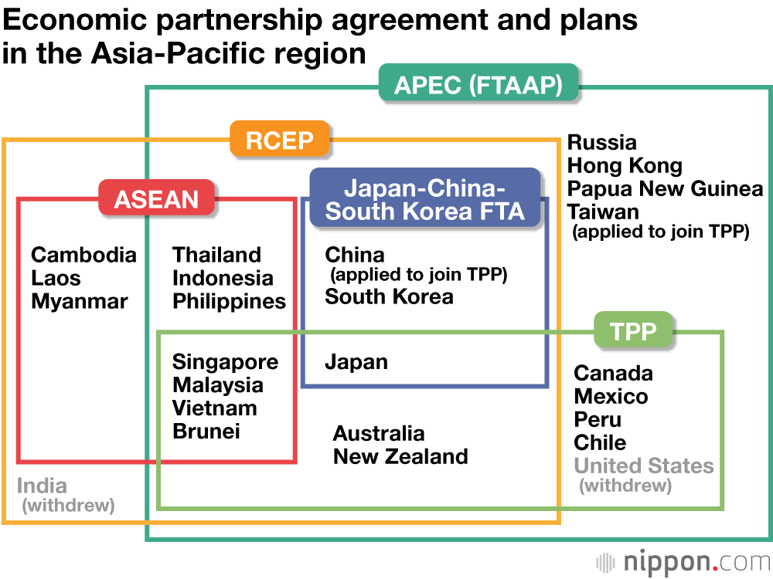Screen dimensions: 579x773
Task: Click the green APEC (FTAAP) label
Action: pos(478,83)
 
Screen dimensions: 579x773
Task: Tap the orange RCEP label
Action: pos(279,141)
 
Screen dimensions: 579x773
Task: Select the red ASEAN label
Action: pos(156,199)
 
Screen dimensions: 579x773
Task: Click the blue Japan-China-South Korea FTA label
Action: pos(424,199)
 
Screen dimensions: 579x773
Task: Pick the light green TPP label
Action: pos(633,331)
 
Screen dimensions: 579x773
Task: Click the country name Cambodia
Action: pos(83,255)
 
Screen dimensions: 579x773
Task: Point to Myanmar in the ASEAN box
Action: pos(80,301)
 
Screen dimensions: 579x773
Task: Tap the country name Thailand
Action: pos(217,255)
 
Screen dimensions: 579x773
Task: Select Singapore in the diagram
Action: pos(225,362)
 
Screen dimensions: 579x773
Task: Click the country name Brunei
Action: pos(206,432)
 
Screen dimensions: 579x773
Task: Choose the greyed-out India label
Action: pos(42,486)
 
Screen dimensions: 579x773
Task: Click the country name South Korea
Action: pos(389,296)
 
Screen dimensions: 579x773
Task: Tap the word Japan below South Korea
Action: pos(356,362)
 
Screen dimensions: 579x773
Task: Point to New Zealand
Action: pos(400,456)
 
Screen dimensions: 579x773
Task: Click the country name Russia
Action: pos(602,143)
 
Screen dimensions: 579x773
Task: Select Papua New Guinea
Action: pos(665,189)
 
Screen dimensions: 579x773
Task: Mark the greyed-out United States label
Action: pos(644,466)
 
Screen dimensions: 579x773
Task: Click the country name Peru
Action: pos(598,420)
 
